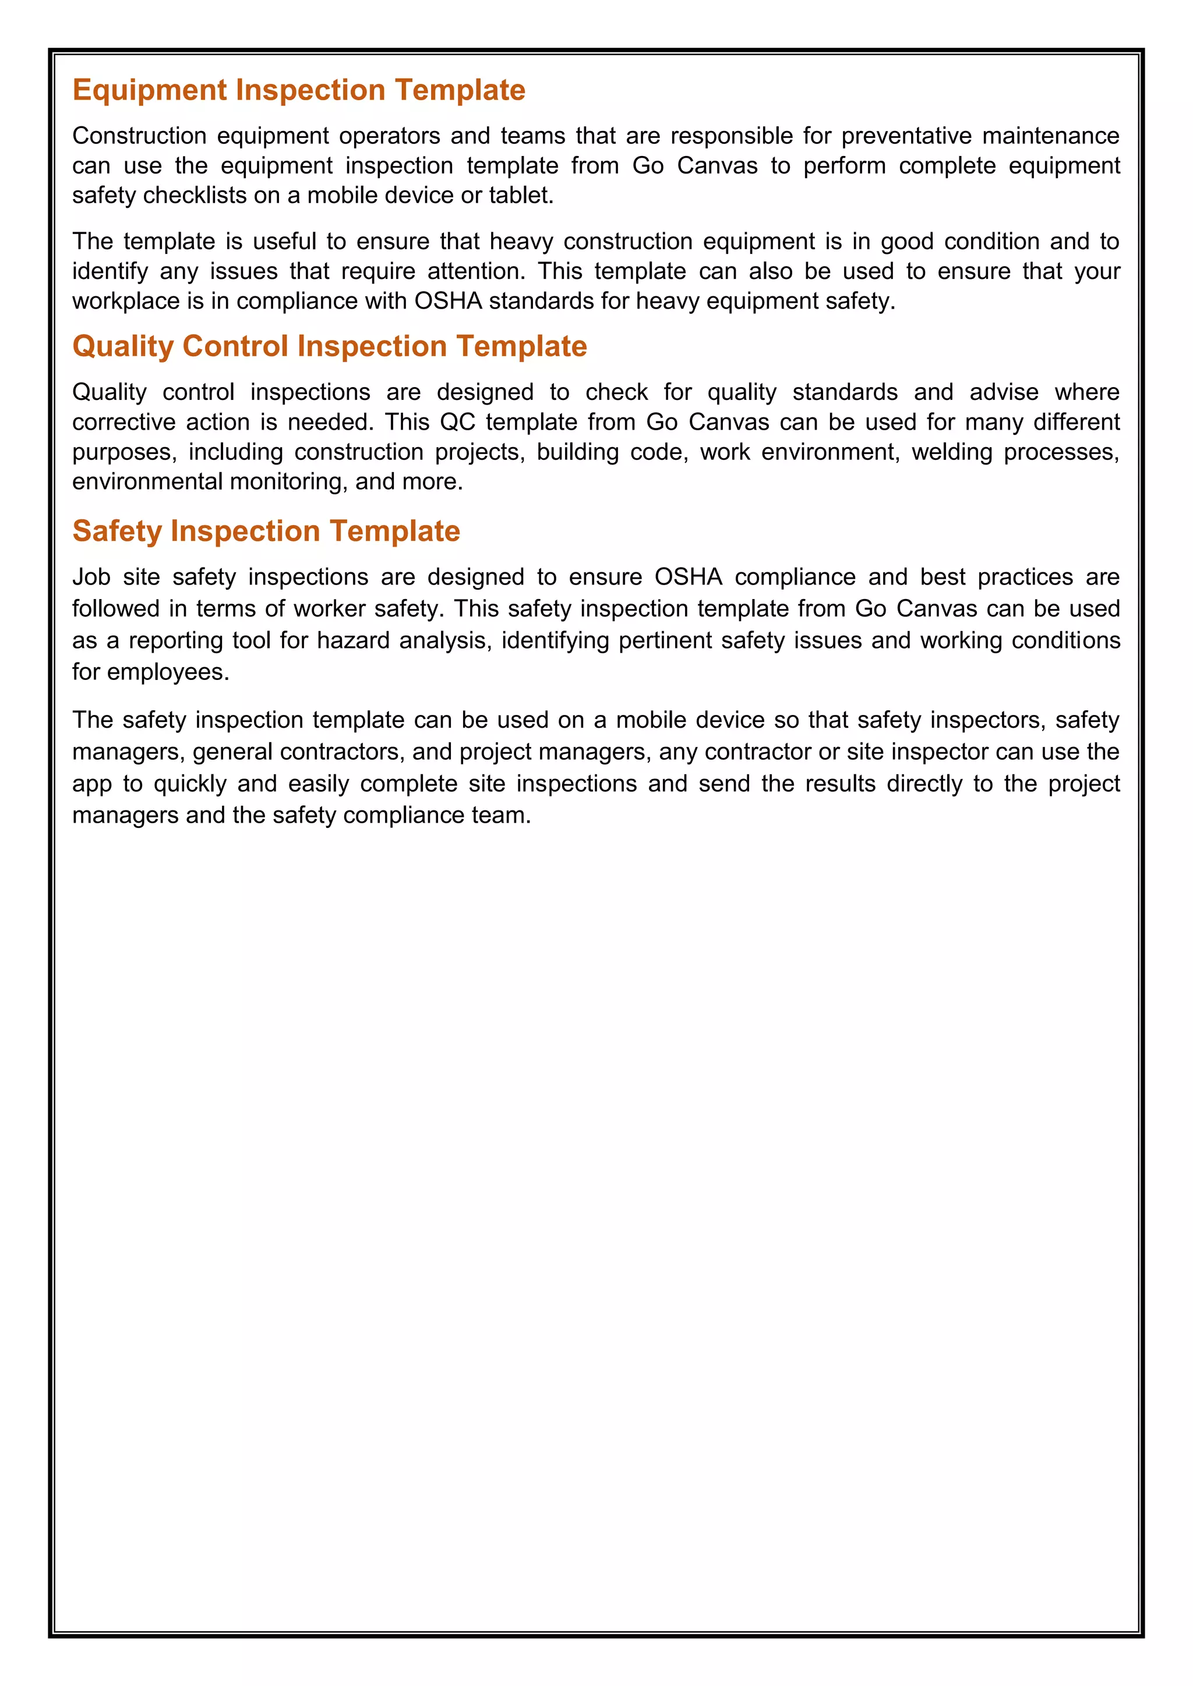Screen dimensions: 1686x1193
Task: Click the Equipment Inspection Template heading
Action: pyautogui.click(x=298, y=90)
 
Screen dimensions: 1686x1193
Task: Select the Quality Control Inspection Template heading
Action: pyautogui.click(x=329, y=346)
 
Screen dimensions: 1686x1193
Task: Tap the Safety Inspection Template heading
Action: pyautogui.click(x=266, y=531)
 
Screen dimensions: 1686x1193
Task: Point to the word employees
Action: pyautogui.click(x=168, y=672)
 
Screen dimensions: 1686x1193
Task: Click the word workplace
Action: pyautogui.click(x=126, y=301)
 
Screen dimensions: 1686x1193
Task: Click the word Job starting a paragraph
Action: pyautogui.click(x=91, y=577)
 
